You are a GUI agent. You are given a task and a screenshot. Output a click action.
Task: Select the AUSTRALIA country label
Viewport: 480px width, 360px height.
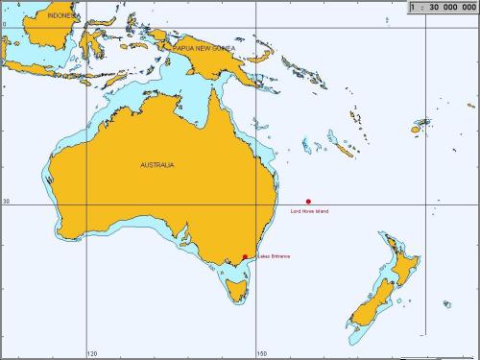coord(157,165)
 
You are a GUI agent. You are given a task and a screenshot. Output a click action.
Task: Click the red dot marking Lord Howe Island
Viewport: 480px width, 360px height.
coord(308,202)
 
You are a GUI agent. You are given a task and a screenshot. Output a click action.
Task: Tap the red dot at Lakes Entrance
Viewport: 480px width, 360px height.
coord(245,256)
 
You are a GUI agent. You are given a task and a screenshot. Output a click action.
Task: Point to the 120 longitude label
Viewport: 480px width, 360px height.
coord(92,353)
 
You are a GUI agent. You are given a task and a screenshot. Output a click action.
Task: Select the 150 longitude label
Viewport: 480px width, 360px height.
coord(261,353)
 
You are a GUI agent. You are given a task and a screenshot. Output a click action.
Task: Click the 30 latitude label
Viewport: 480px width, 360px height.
coord(6,202)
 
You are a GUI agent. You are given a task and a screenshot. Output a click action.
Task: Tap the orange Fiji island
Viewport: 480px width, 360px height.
coord(420,125)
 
